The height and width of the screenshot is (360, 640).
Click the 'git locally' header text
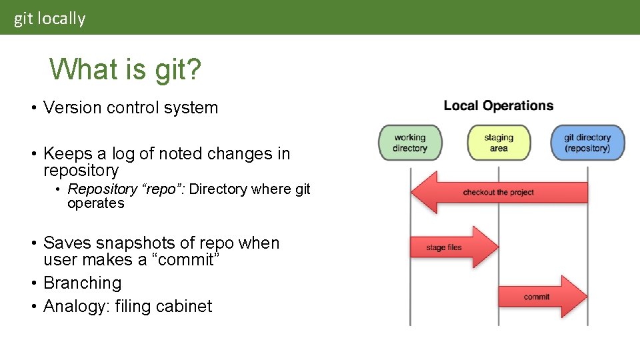pos(50,19)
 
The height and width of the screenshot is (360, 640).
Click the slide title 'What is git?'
pos(125,69)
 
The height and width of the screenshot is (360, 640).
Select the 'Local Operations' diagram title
pos(499,105)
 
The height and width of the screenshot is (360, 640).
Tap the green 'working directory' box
pos(410,143)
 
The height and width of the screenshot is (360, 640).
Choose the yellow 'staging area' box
pos(499,143)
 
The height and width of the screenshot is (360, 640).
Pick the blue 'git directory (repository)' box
pos(587,143)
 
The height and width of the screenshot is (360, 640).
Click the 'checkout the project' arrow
pos(499,193)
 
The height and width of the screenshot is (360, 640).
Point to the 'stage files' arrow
pos(453,247)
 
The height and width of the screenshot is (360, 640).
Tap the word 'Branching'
pos(82,283)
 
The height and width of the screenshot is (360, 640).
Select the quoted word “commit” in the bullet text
pos(183,260)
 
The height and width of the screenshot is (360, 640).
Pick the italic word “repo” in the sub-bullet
pos(161,189)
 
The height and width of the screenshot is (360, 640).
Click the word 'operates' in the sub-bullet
pos(95,203)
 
